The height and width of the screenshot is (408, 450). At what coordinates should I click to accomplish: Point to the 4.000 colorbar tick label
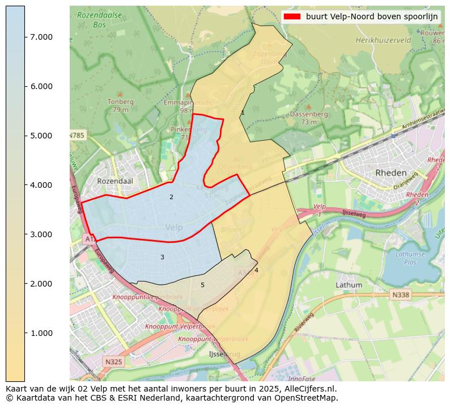pyautogui.click(x=41, y=185)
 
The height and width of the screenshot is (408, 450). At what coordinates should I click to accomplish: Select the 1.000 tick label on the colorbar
pyautogui.click(x=41, y=333)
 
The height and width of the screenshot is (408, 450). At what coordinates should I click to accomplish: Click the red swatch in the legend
pyautogui.click(x=292, y=16)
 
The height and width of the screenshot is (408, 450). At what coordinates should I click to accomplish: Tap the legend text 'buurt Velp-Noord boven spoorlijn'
pyautogui.click(x=372, y=16)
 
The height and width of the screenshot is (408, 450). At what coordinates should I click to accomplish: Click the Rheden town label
pyautogui.click(x=390, y=173)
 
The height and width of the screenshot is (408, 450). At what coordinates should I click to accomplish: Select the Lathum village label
pyautogui.click(x=349, y=284)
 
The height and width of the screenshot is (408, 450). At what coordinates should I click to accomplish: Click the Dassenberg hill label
pyautogui.click(x=309, y=114)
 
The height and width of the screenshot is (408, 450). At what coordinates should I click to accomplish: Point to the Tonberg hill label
pyautogui.click(x=120, y=102)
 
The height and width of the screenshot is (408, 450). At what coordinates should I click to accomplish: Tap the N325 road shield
pyautogui.click(x=113, y=361)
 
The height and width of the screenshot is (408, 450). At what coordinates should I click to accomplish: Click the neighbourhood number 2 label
pyautogui.click(x=171, y=197)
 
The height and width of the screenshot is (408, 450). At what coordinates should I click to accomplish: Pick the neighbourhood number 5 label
pyautogui.click(x=202, y=285)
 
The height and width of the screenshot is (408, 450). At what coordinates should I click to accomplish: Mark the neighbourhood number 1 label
pyautogui.click(x=243, y=113)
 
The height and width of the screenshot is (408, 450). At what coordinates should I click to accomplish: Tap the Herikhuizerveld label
pyautogui.click(x=383, y=40)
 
